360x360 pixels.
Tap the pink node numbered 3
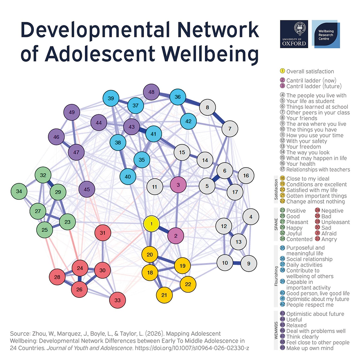coord(179,185)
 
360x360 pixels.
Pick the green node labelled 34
coord(19,191)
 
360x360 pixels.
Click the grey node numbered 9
coord(249,263)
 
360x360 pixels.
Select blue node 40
coord(128,177)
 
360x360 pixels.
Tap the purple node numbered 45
coord(87,190)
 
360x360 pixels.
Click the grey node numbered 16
coord(246,176)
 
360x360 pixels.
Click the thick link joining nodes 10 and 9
coord(237,263)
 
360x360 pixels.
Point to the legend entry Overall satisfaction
coord(310,71)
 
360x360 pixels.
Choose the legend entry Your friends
coord(301,118)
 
